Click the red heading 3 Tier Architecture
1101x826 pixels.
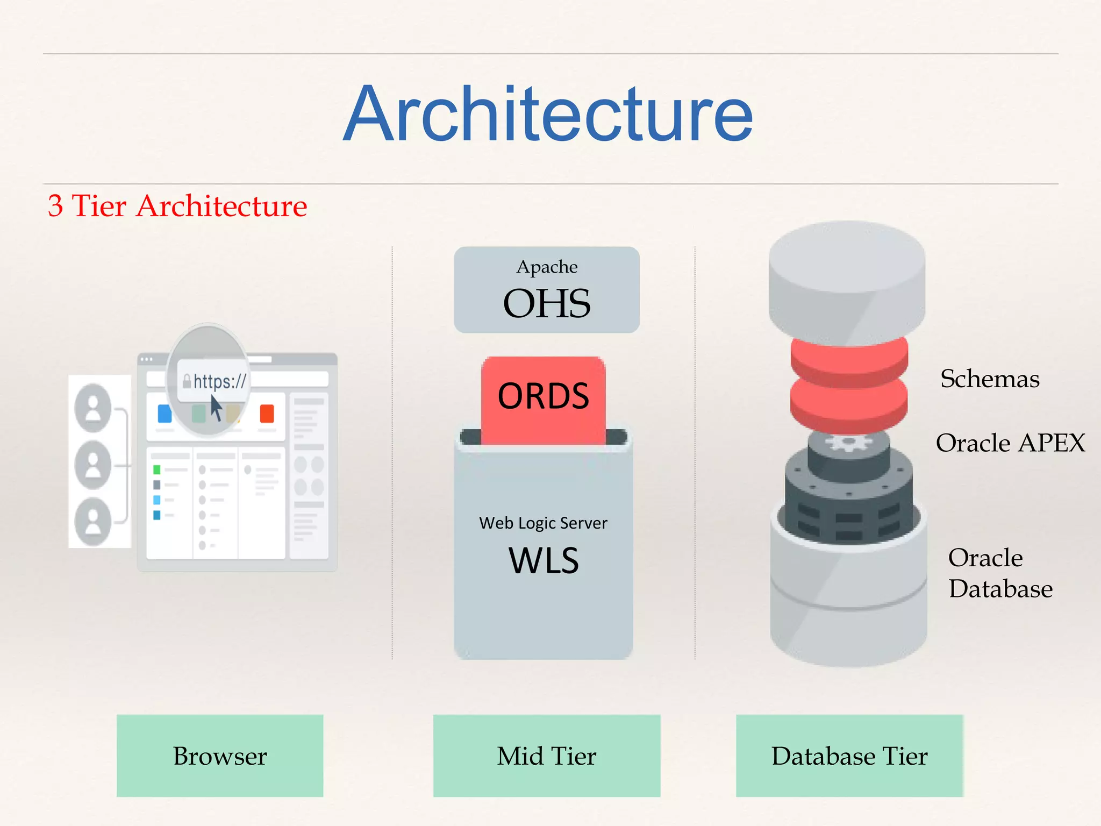(x=177, y=206)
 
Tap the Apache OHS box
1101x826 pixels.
(x=547, y=290)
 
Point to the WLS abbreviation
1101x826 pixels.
(x=544, y=561)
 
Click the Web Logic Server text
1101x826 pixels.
(x=543, y=523)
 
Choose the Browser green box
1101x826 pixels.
(x=220, y=756)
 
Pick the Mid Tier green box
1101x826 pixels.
(x=547, y=756)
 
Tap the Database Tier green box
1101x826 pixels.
(x=849, y=756)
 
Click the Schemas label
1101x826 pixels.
(x=990, y=379)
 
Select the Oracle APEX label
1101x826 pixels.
(x=1010, y=443)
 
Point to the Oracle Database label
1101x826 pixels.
(x=1000, y=573)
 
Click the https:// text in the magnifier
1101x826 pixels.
(x=219, y=381)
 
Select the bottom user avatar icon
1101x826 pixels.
(x=94, y=522)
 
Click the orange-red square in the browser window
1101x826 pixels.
(x=267, y=414)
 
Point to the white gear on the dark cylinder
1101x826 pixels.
(x=849, y=444)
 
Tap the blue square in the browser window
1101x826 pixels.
(x=165, y=414)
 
